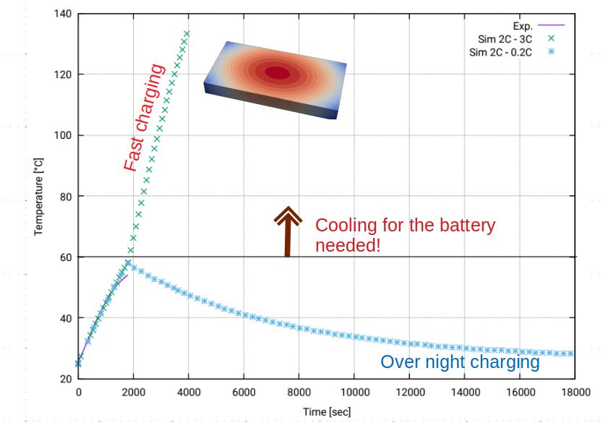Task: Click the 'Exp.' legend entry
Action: [523, 25]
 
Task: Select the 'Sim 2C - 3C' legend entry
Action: [501, 38]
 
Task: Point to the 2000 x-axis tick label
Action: [133, 391]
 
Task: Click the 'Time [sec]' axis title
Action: [328, 411]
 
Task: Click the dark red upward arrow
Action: [287, 232]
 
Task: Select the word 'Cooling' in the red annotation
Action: [346, 225]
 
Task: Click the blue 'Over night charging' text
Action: [460, 362]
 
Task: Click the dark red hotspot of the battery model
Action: [278, 72]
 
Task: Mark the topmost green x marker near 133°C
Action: [187, 33]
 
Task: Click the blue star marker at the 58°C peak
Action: [128, 263]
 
